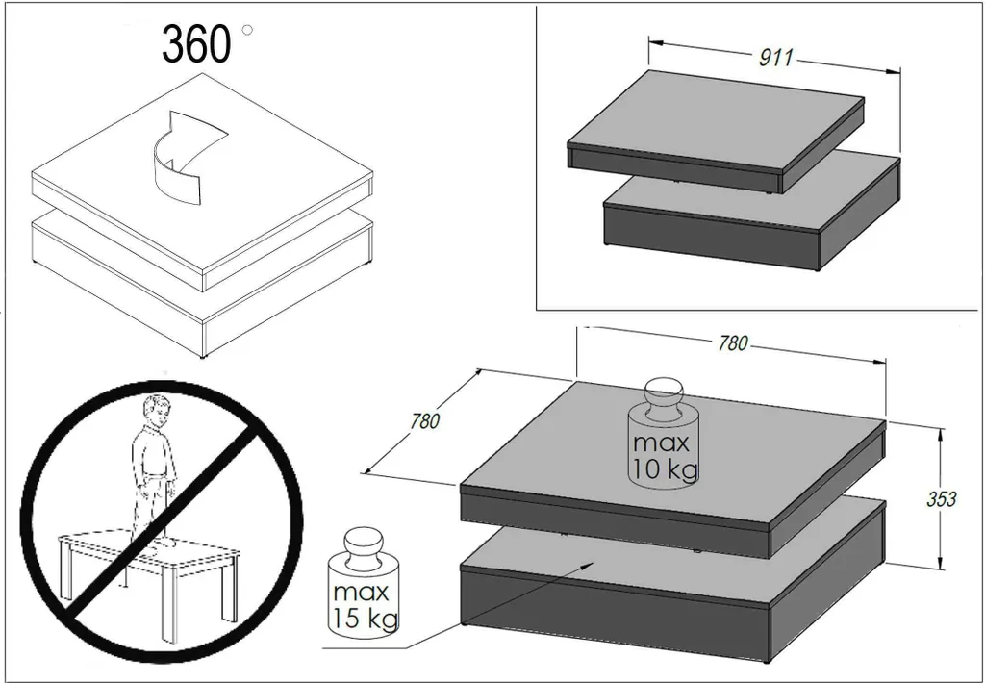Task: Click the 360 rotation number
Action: tap(196, 44)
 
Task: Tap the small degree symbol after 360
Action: tap(247, 29)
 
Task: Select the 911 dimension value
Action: tap(776, 58)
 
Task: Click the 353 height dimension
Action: tap(942, 499)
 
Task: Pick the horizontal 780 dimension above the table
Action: tap(733, 343)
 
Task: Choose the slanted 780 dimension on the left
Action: tap(425, 420)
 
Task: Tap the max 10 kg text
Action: tap(664, 456)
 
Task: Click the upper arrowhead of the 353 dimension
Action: tap(940, 436)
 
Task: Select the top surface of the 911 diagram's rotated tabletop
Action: tap(716, 120)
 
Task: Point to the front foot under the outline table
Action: tap(202, 357)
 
